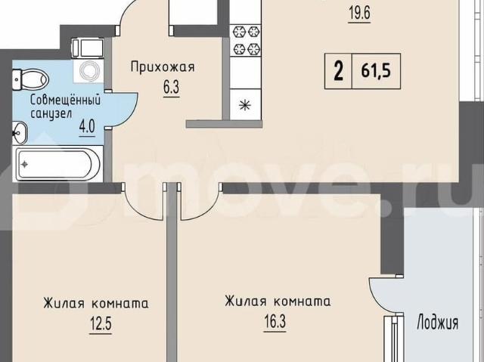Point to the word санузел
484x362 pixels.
point(51,114)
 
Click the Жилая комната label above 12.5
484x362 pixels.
point(95,304)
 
